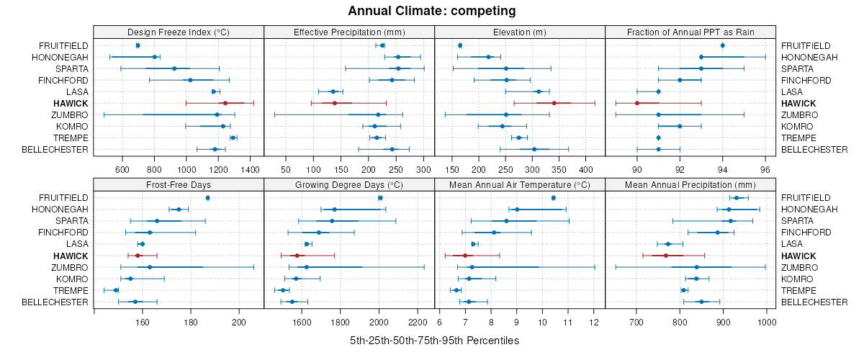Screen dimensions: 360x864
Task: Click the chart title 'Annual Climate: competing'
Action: pos(431,11)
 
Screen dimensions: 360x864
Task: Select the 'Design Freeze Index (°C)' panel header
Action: pos(179,32)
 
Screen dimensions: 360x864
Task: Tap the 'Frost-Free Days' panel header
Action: pos(179,184)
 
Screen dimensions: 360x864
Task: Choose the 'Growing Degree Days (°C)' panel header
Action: pos(349,184)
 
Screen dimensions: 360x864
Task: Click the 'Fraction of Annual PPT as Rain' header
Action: pos(690,32)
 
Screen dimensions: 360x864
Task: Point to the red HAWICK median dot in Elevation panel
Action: pos(554,103)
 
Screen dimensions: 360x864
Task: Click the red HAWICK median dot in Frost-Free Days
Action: pos(138,256)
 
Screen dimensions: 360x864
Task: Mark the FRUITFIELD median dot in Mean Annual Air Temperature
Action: pos(553,198)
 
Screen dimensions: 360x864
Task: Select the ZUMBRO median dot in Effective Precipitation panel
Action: pos(378,114)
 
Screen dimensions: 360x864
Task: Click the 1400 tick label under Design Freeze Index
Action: pos(250,170)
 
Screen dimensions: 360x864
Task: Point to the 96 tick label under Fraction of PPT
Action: pos(765,170)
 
